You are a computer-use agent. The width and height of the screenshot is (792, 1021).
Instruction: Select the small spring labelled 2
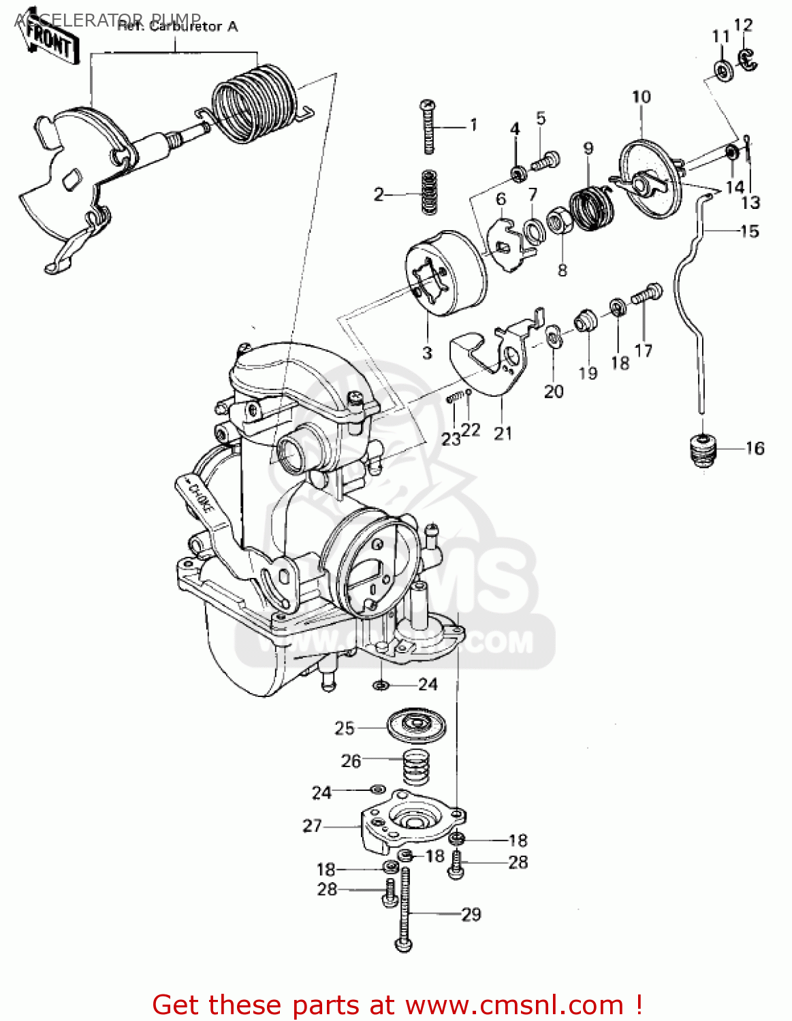tap(428, 192)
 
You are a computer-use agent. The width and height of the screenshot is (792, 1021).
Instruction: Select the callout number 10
tap(641, 97)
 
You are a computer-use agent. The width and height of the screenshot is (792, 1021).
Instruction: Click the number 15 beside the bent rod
tap(749, 231)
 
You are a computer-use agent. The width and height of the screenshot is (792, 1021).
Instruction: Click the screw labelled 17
tap(647, 294)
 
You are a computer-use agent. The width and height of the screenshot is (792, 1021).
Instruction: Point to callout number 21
tap(503, 433)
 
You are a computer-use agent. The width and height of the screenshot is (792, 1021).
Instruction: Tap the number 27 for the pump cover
tap(312, 826)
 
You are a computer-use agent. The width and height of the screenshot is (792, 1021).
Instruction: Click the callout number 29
tap(471, 914)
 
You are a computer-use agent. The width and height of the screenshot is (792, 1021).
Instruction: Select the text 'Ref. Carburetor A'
tap(178, 27)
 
